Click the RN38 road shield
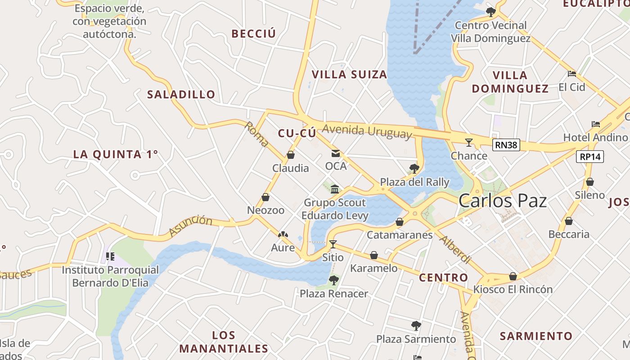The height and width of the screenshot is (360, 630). pos(506,145)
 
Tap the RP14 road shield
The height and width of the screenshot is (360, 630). pos(590,157)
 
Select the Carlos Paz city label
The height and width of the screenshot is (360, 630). pos(503,201)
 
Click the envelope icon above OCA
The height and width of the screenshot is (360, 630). pos(336,153)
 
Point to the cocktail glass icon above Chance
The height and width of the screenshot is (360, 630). pos(469,143)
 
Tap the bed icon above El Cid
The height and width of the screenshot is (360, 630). pos(572,73)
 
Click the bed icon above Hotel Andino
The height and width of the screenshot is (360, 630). pos(596,124)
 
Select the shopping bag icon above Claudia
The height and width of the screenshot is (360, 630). pos(291,155)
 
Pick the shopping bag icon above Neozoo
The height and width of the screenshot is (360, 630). pos(265,197)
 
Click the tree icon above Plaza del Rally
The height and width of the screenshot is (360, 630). pos(414,169)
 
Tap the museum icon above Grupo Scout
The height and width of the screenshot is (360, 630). pos(335,189)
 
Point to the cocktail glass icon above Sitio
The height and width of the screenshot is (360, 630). pos(333,244)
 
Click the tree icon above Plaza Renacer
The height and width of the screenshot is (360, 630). pos(333,280)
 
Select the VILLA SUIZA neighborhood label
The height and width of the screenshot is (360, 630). pos(349,75)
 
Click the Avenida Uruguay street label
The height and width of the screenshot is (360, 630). pos(367,131)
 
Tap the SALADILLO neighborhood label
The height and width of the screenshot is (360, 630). pos(181,94)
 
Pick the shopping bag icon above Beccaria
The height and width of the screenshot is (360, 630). pos(569,221)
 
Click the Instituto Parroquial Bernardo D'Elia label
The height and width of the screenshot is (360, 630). pos(110,276)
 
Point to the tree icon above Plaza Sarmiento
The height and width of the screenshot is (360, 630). pos(416,325)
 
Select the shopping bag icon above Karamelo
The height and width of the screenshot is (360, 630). pos(374,256)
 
